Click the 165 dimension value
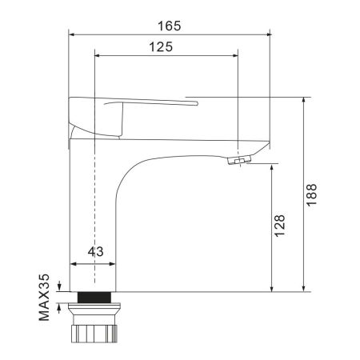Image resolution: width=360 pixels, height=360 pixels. coord(169,25)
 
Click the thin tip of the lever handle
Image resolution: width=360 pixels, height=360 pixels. coord(195,102)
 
